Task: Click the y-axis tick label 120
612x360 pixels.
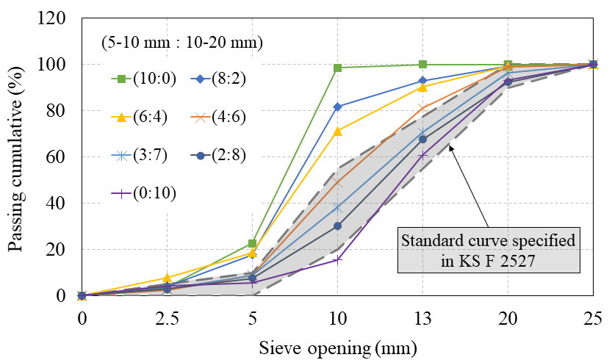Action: tap(57, 18)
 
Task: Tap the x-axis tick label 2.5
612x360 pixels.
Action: tap(167, 317)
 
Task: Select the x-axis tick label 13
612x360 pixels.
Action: tap(422, 317)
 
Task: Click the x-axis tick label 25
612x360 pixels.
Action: tap(593, 317)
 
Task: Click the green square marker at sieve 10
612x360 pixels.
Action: tap(337, 68)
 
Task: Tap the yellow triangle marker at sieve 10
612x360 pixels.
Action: tap(337, 132)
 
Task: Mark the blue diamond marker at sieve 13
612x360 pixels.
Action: tap(422, 80)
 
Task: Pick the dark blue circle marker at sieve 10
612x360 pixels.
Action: tap(337, 226)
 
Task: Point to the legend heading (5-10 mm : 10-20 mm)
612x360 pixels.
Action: tap(182, 43)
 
